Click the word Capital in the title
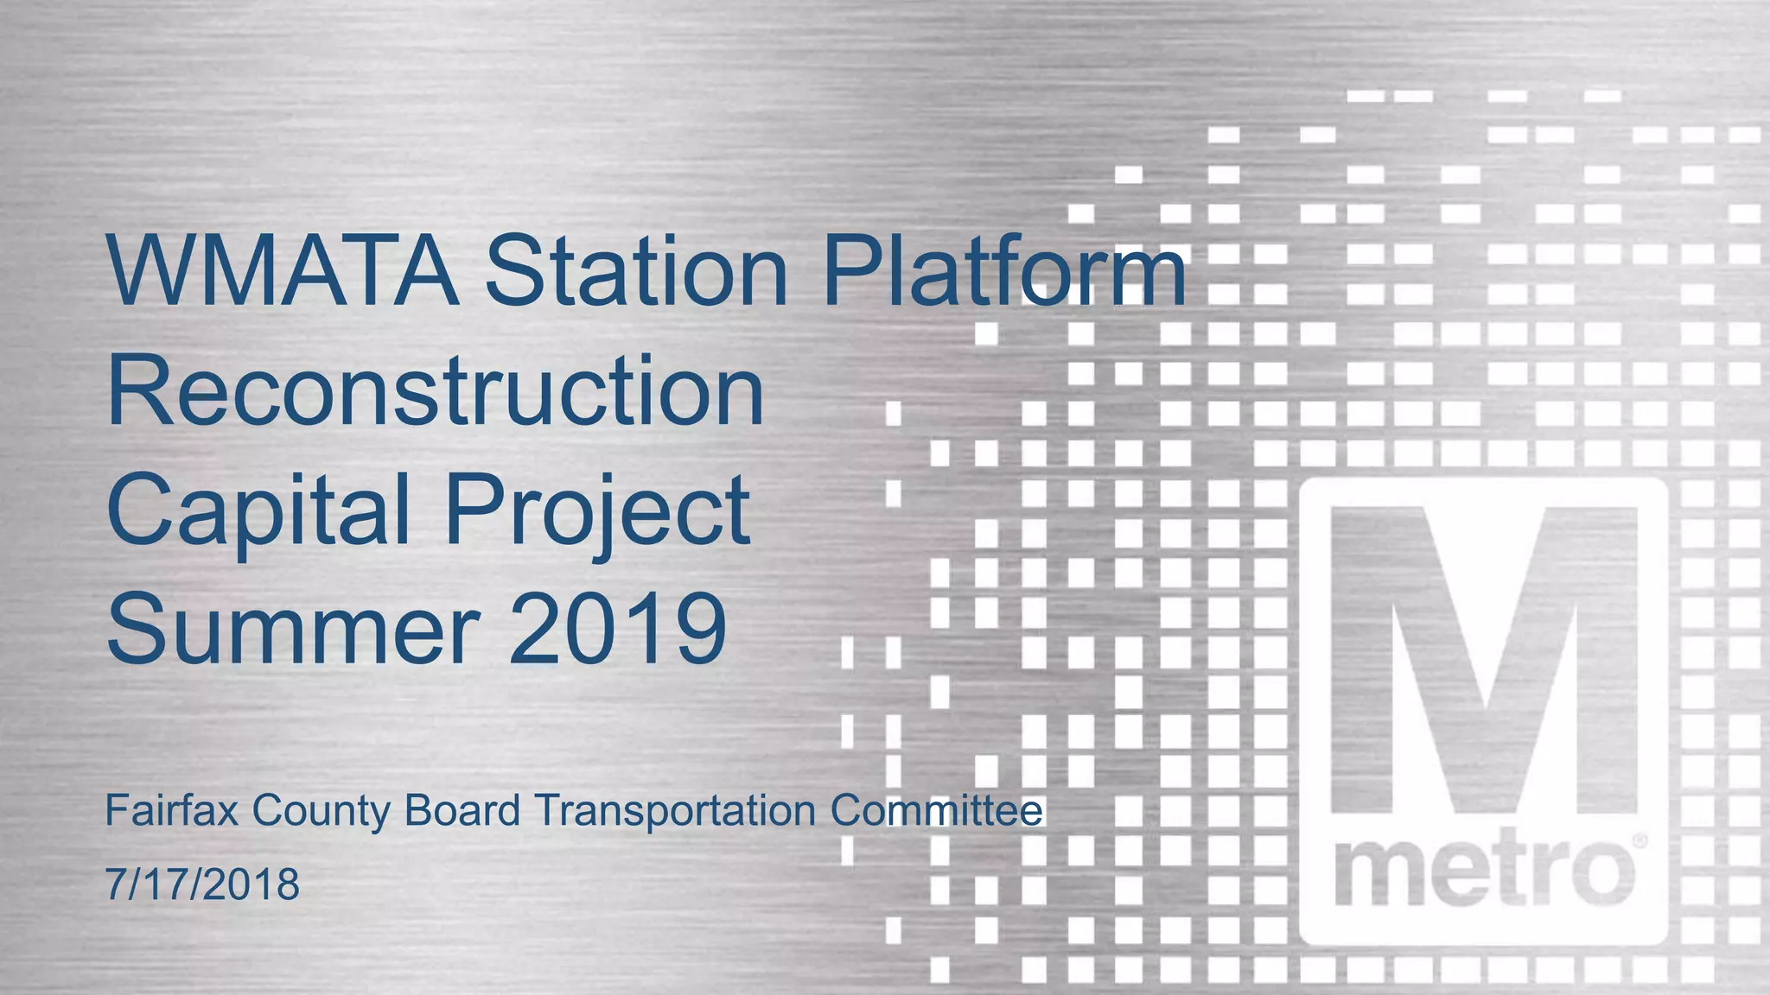pyautogui.click(x=258, y=511)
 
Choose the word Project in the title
pyautogui.click(x=597, y=511)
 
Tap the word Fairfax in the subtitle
pyautogui.click(x=171, y=810)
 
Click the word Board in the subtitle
pyautogui.click(x=462, y=810)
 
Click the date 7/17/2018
pyautogui.click(x=202, y=884)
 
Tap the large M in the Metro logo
pyautogui.click(x=1483, y=661)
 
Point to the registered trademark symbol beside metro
pyautogui.click(x=1639, y=840)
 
